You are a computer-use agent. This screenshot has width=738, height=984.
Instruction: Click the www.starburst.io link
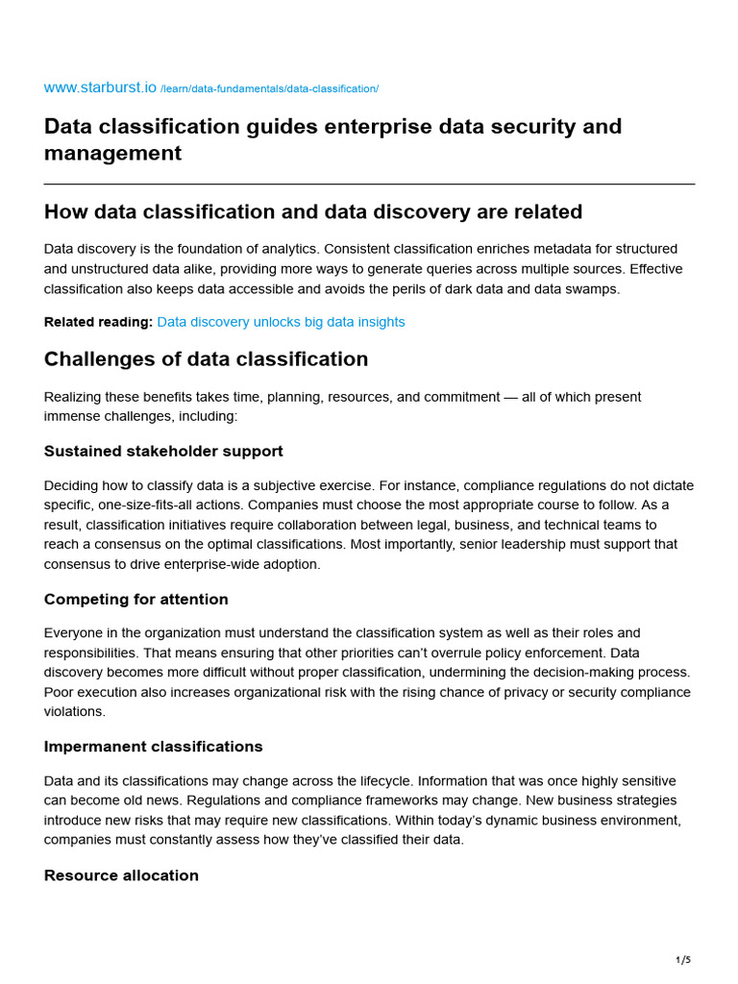[x=100, y=87]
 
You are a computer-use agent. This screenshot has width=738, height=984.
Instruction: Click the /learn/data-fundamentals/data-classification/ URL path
[x=269, y=89]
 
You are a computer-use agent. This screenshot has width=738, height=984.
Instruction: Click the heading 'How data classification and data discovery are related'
[x=312, y=211]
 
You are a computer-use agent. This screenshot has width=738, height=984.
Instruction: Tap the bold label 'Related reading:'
[x=98, y=322]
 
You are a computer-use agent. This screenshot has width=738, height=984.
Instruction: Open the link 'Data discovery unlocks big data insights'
[x=281, y=322]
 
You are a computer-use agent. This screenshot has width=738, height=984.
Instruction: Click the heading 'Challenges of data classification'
[x=206, y=359]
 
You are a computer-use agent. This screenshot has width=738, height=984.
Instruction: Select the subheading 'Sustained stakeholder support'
[x=163, y=451]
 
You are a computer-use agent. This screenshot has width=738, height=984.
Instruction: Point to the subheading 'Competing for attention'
[x=135, y=599]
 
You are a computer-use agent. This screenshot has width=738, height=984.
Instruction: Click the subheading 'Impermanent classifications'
[x=153, y=747]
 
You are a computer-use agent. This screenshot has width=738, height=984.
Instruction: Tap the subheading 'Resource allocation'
[x=121, y=875]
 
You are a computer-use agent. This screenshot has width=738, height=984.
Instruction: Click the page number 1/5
[x=682, y=959]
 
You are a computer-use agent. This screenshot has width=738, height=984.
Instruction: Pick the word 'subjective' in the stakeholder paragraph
[x=285, y=485]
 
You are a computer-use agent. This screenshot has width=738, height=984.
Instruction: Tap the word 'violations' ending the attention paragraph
[x=74, y=712]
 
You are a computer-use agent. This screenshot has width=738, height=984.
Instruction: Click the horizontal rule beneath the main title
[x=369, y=184]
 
